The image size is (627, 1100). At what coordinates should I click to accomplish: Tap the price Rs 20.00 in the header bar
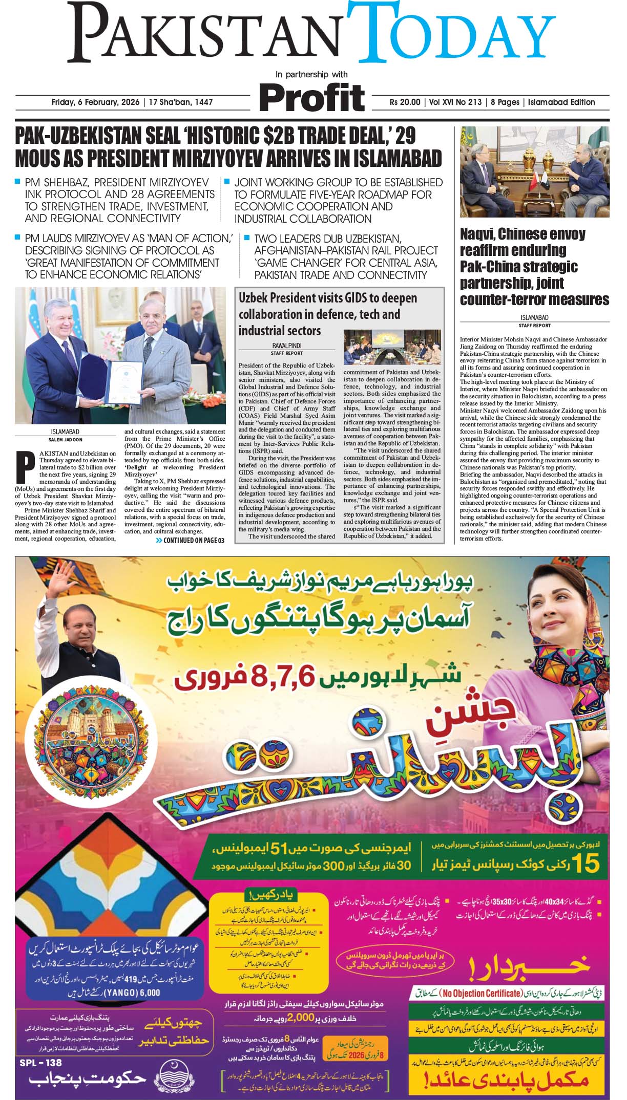(405, 102)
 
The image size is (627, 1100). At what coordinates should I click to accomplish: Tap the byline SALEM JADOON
(66, 439)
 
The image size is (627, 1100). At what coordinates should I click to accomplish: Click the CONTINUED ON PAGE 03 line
(190, 541)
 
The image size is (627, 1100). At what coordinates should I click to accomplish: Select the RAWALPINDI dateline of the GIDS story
(286, 346)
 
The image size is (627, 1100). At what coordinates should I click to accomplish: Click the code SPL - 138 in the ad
(40, 1063)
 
